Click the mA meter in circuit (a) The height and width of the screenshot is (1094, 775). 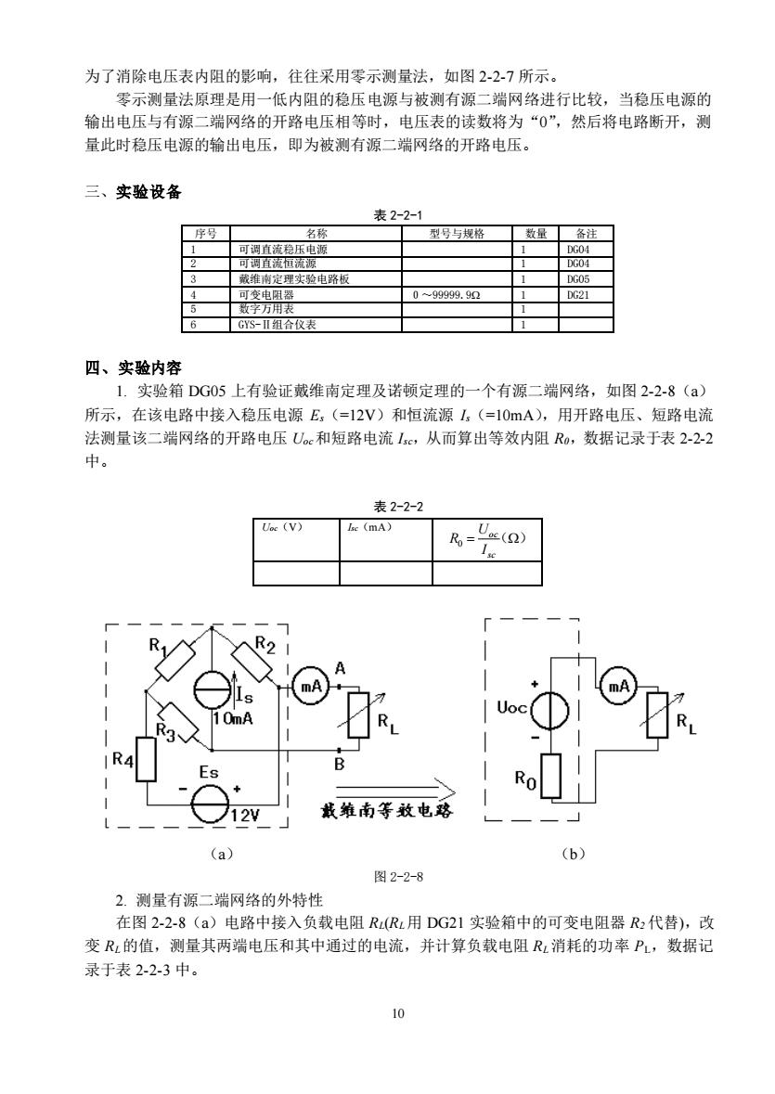(x=308, y=687)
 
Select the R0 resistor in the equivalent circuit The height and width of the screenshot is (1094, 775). (x=551, y=776)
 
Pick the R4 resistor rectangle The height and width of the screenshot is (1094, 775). (x=147, y=759)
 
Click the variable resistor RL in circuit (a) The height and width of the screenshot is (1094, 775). (x=358, y=714)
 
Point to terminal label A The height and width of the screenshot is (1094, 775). (x=340, y=668)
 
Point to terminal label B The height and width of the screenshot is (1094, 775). (x=339, y=764)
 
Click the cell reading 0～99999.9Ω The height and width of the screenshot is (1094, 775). (x=446, y=295)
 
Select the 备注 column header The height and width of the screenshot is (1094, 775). (x=586, y=234)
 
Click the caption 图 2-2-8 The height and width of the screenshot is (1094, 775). (x=398, y=876)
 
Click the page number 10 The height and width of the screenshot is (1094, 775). (x=398, y=1014)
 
